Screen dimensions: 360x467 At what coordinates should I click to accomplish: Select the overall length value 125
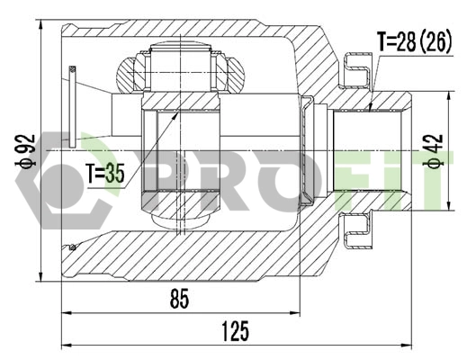[234, 332]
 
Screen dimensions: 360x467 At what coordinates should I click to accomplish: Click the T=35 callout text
[106, 173]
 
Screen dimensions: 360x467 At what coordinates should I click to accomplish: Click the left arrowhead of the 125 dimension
[64, 346]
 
